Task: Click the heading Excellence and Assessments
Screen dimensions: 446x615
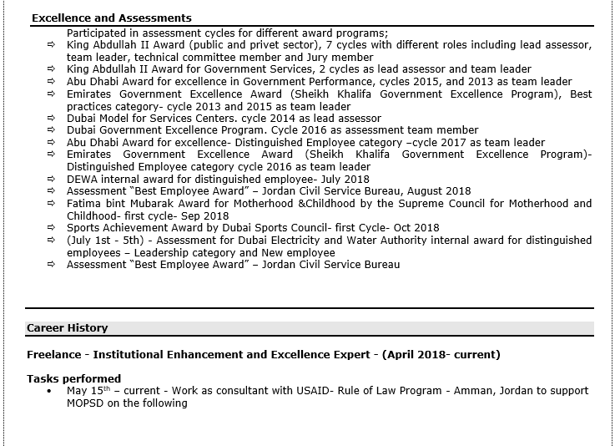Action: click(x=111, y=18)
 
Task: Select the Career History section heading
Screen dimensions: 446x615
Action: click(x=67, y=328)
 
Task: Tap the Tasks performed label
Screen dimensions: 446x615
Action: click(x=73, y=378)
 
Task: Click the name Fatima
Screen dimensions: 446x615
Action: click(x=84, y=203)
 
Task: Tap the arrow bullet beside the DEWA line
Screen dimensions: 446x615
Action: click(x=51, y=179)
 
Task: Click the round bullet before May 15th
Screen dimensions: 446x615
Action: click(x=49, y=391)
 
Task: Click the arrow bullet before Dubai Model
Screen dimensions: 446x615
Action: click(x=51, y=119)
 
